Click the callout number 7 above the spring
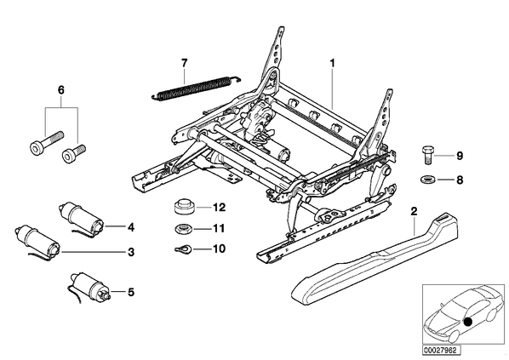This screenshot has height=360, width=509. pos(185,63)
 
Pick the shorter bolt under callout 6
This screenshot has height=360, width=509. pos(73,153)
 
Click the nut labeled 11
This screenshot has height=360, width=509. pos(183,229)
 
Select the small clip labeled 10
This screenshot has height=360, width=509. pos(183,249)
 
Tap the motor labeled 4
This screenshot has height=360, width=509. pos(82,219)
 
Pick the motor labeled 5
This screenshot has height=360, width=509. pos(89,287)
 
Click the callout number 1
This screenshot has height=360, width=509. pos(332,63)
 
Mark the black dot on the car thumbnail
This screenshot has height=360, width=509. pos(468,322)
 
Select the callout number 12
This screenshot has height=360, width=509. pos(219,207)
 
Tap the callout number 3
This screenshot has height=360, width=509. pos(131,252)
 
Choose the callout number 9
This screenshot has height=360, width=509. pos(460,156)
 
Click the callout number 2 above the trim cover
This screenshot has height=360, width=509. pos(414,212)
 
